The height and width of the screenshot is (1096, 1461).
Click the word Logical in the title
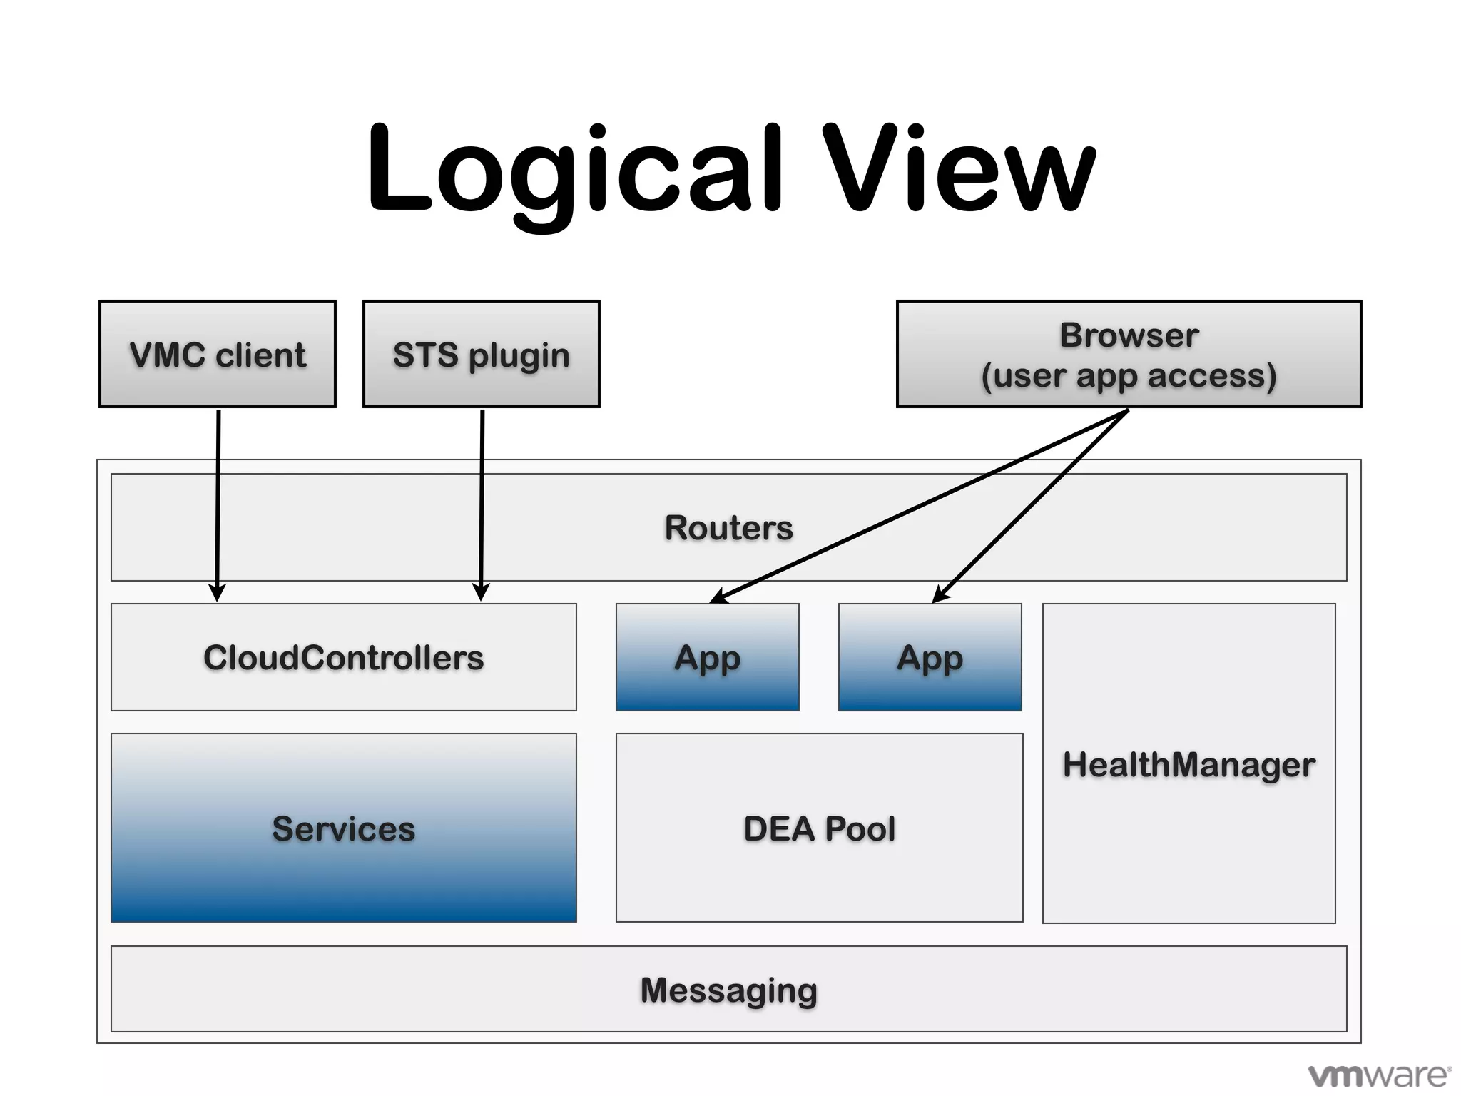(574, 171)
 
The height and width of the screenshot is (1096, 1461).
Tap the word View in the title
(959, 171)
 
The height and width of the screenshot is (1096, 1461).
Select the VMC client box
(218, 355)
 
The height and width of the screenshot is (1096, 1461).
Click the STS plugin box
(482, 355)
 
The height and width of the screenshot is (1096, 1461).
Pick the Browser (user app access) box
(1129, 355)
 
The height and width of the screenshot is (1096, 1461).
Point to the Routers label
(728, 528)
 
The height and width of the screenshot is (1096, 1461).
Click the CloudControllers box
(343, 657)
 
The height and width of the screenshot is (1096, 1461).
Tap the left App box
(707, 657)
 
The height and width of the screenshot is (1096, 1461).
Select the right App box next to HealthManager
(930, 657)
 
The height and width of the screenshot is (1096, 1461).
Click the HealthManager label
(1188, 764)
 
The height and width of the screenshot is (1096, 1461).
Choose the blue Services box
(343, 828)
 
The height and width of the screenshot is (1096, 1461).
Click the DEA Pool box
(819, 828)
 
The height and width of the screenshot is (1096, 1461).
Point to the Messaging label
(728, 990)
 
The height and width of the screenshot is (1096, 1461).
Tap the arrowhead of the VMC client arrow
(217, 593)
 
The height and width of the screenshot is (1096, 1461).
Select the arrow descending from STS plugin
(482, 499)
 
